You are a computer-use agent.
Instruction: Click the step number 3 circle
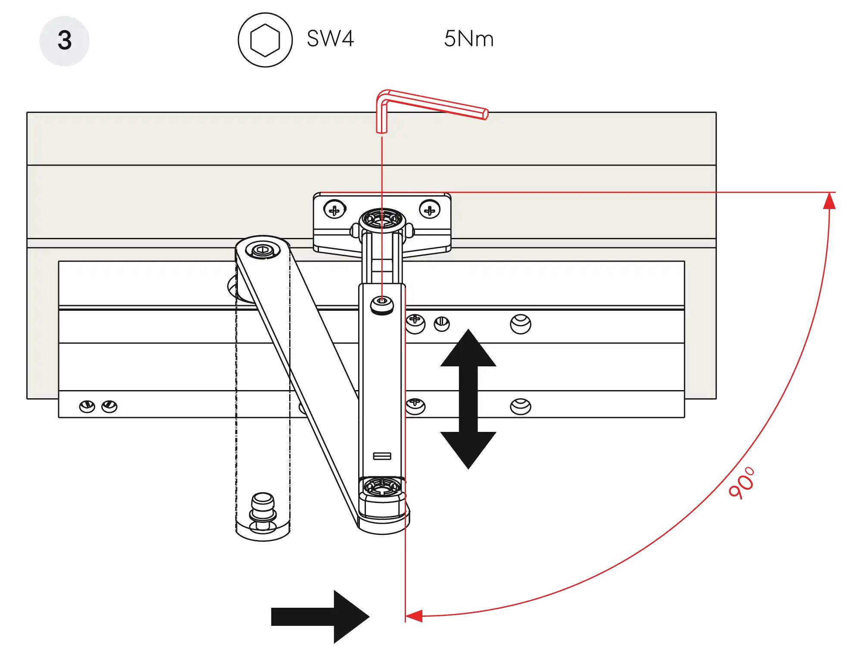(x=64, y=41)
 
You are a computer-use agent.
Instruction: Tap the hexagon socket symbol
(x=265, y=40)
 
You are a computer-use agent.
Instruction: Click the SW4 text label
(x=331, y=38)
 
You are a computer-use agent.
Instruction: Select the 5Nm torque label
(x=468, y=38)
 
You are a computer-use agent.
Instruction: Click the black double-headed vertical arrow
(x=468, y=399)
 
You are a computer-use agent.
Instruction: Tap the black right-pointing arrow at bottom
(x=319, y=617)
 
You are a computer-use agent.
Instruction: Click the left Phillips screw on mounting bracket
(x=334, y=210)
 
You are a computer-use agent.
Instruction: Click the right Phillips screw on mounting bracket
(x=429, y=210)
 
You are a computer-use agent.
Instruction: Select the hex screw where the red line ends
(x=382, y=303)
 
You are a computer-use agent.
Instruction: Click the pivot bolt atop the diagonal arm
(x=262, y=250)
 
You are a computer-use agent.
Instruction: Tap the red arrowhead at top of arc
(x=829, y=202)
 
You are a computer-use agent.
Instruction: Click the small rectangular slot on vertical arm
(x=382, y=456)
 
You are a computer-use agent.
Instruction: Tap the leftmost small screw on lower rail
(x=87, y=406)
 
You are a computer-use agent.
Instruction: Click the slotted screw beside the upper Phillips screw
(x=441, y=323)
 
